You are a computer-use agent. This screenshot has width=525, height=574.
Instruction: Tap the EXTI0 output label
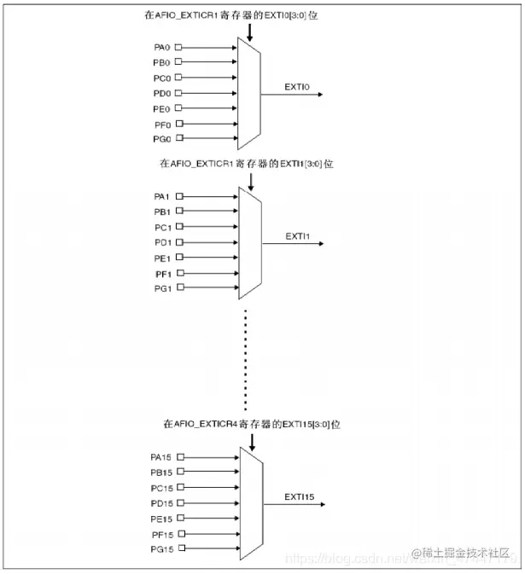[x=298, y=86]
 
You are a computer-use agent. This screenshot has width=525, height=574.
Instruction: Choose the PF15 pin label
[x=160, y=533]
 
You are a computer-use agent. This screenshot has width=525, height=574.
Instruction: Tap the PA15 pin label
[x=160, y=457]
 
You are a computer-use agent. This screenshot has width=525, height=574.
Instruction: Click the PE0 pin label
[x=160, y=109]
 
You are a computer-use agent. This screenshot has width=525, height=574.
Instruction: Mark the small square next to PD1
[x=179, y=242]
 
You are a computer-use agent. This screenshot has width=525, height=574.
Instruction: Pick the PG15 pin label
[x=160, y=548]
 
